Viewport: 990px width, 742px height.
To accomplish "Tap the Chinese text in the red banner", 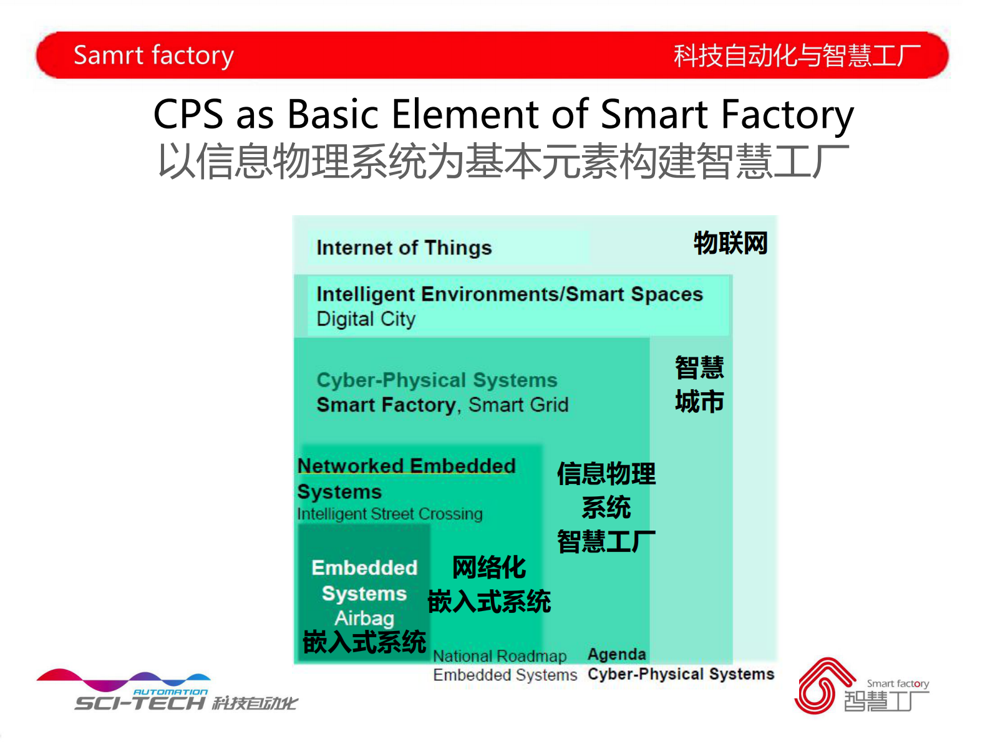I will (x=797, y=56).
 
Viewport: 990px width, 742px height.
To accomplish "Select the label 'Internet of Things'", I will (x=404, y=248).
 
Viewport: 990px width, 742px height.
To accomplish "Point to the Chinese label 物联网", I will (x=730, y=243).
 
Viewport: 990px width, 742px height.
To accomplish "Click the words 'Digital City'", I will (x=366, y=319).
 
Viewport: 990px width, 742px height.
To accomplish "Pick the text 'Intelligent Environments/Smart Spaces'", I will (x=509, y=294).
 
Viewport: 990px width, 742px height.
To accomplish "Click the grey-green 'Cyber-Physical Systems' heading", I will (x=437, y=380).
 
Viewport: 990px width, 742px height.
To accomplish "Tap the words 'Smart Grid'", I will (x=518, y=405).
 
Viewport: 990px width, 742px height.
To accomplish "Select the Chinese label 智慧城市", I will (x=699, y=385).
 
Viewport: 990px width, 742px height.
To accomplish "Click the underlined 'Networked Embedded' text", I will (x=406, y=466).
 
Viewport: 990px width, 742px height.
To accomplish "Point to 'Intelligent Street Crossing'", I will (x=390, y=514).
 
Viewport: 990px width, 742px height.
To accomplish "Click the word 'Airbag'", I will (x=364, y=618).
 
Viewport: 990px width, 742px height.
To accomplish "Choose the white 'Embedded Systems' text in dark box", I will (x=364, y=580).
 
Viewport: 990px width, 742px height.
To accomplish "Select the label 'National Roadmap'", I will (x=500, y=656).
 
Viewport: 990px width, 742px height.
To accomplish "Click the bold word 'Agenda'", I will (x=617, y=654).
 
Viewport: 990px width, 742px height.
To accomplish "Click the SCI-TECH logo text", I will (x=140, y=703).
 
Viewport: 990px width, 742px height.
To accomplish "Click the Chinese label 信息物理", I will (x=606, y=474).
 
